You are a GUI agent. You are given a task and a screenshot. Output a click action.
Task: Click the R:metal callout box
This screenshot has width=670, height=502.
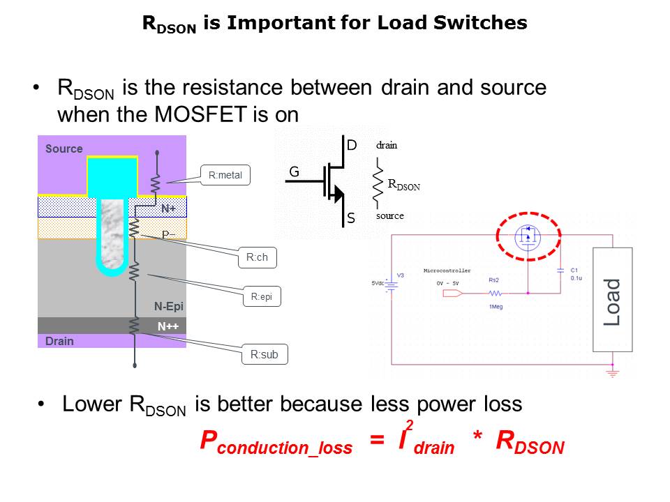point(225,175)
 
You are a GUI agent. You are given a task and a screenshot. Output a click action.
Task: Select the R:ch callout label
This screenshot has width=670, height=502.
point(257,257)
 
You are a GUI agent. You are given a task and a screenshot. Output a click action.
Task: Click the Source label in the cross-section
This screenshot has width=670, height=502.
point(64,149)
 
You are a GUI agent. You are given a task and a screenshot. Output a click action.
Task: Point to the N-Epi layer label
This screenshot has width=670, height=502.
point(169,306)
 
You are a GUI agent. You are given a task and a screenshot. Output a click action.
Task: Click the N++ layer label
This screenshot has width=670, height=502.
point(168,325)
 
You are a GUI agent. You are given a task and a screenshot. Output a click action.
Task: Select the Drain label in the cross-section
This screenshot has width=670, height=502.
point(59,341)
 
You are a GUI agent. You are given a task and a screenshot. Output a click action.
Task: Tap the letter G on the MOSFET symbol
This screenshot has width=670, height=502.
point(295,171)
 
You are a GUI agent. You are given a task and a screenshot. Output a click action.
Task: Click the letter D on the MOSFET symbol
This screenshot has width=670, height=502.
point(352,145)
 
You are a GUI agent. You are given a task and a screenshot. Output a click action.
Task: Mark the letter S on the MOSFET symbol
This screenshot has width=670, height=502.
point(351,219)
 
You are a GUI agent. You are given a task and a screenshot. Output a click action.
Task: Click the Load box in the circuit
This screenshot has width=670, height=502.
point(612,300)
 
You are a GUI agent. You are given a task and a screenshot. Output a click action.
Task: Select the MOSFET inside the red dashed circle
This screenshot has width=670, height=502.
point(528,237)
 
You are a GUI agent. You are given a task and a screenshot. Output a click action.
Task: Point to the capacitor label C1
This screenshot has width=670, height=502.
point(574,270)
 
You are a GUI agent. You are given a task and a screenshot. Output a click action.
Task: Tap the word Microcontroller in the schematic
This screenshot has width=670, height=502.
point(447,271)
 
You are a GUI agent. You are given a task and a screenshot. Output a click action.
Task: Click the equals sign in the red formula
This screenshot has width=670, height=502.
point(377,441)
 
